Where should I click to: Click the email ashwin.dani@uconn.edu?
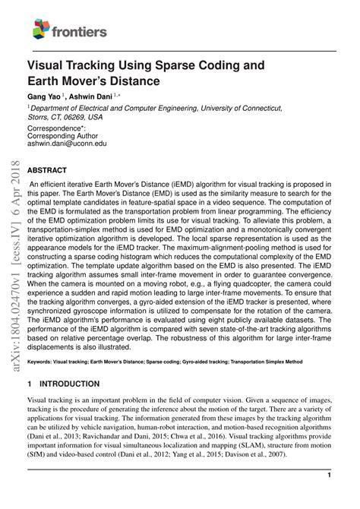pos(68,143)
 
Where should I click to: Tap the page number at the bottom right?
pos(328,475)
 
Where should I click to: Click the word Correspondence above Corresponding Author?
pos(56,129)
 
